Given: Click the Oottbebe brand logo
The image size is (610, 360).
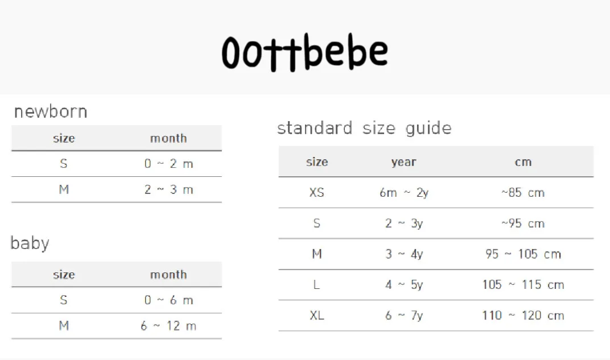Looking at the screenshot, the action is (x=304, y=52).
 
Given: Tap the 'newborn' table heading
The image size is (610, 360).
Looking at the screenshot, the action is (x=51, y=112).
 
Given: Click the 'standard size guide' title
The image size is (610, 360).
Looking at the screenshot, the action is (x=364, y=129).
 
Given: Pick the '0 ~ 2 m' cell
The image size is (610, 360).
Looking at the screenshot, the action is (x=168, y=164).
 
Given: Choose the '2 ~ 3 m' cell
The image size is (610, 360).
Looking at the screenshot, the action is (x=168, y=190).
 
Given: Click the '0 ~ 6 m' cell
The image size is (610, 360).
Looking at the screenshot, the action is (x=168, y=300).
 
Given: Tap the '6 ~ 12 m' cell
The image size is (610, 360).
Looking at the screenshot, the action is (x=168, y=326).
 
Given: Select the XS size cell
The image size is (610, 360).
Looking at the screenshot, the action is (x=317, y=192).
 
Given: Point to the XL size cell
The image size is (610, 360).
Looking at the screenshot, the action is (x=317, y=315).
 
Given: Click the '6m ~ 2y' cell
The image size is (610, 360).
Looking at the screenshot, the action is (x=404, y=192).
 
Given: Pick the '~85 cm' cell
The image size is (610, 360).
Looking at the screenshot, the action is (x=523, y=192).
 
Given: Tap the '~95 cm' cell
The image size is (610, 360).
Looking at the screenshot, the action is (x=523, y=223).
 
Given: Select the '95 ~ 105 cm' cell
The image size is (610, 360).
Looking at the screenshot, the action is (x=524, y=254).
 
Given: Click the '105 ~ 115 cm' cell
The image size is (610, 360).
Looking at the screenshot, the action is (x=524, y=284).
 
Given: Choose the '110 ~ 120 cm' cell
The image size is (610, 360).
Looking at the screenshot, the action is (x=524, y=315).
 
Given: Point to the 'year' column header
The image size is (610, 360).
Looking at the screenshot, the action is (x=404, y=162).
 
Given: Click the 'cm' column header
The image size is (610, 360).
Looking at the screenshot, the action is (x=524, y=162).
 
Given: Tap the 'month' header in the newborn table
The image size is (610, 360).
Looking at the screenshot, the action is (x=168, y=138).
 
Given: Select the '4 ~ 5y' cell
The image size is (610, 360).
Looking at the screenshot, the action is (x=404, y=284).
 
